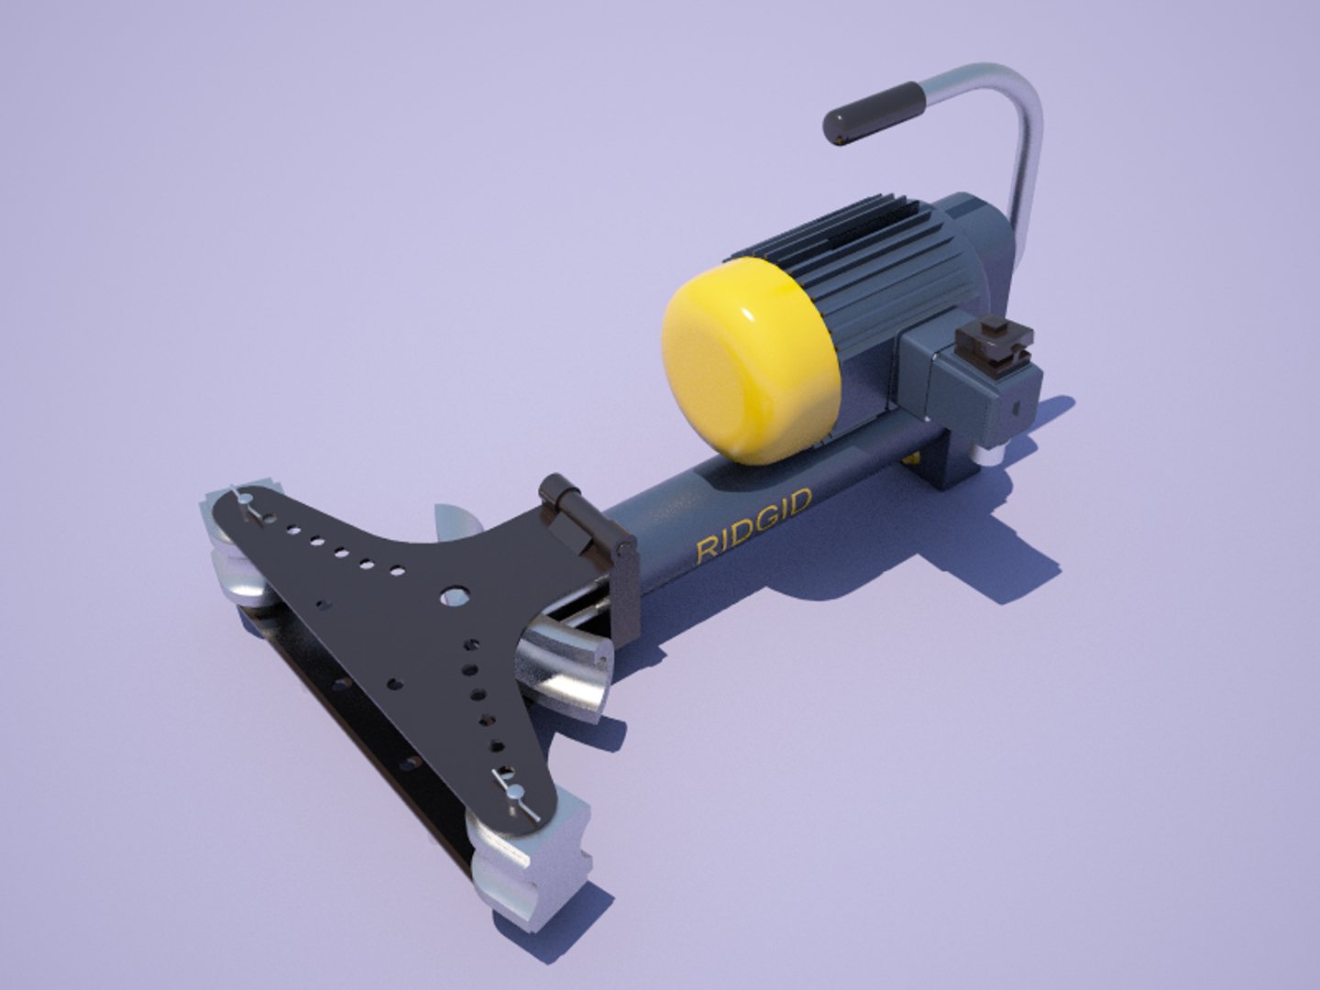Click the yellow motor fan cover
tap(747, 360)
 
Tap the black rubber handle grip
tap(872, 112)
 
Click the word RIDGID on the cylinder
tap(753, 526)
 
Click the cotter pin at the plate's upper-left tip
tap(246, 502)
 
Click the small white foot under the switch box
tap(987, 455)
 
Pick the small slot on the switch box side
tap(1017, 402)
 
